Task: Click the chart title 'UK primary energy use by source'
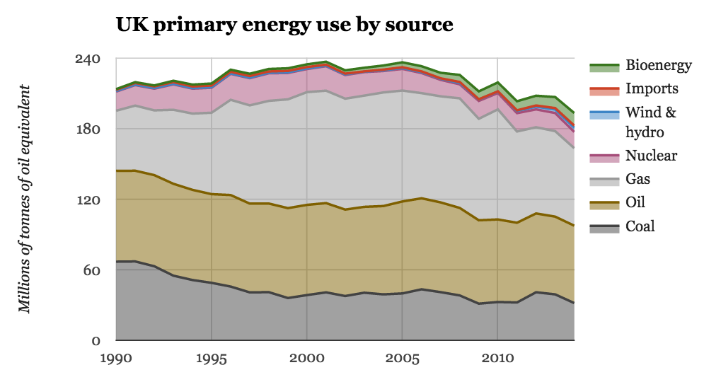point(284,25)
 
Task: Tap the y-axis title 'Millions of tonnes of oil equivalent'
point(25,199)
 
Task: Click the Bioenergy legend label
point(659,66)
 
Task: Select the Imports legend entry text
point(652,89)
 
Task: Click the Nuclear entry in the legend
point(652,156)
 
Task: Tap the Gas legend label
point(638,179)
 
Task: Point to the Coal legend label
point(640,226)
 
